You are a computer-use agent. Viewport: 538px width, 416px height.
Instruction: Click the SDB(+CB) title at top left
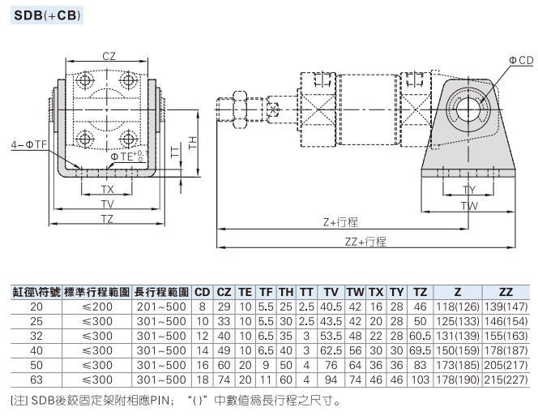(x=47, y=15)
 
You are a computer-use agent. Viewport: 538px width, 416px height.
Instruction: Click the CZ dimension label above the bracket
(x=109, y=56)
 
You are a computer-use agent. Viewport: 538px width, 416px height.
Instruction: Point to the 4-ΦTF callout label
(x=29, y=144)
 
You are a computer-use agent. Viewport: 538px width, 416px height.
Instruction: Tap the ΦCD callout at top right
(x=521, y=61)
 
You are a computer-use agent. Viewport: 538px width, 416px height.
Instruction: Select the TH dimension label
(x=193, y=142)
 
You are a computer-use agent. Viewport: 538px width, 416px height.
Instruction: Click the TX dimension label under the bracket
(x=108, y=189)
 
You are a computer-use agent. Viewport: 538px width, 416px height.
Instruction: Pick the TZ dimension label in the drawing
(x=107, y=218)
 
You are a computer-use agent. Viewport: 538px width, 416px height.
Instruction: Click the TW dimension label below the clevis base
(x=469, y=206)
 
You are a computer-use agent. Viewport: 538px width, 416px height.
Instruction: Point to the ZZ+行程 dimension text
(x=365, y=242)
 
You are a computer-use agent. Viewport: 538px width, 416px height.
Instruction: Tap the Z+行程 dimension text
(x=340, y=222)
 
